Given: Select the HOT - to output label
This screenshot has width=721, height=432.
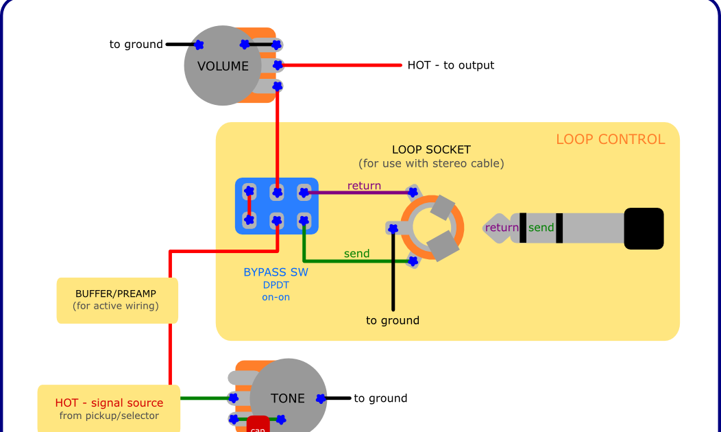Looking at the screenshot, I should click(x=450, y=65).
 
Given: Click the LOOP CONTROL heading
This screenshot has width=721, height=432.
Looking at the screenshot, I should click(x=610, y=139).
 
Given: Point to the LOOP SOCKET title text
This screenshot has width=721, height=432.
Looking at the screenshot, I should click(x=431, y=149).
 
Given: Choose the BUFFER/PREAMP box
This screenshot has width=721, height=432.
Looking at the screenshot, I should click(x=117, y=300).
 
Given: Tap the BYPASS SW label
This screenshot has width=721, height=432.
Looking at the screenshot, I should click(x=276, y=272).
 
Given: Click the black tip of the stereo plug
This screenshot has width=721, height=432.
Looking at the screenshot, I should click(x=644, y=228).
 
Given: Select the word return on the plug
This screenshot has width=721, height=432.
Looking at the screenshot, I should click(x=502, y=228).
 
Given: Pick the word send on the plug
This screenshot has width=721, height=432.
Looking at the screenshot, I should click(x=541, y=228).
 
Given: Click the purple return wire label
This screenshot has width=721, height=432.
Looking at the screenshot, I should click(x=364, y=186).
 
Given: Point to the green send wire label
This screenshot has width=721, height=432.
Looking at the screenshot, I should click(x=356, y=254).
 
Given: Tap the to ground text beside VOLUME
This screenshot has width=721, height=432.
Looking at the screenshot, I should click(x=136, y=45).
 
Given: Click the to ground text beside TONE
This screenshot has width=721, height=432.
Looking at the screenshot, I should click(x=380, y=398).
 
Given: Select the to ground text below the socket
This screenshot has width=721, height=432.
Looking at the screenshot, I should click(x=392, y=320).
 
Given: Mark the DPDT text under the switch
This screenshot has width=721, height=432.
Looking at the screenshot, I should click(x=276, y=285).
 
